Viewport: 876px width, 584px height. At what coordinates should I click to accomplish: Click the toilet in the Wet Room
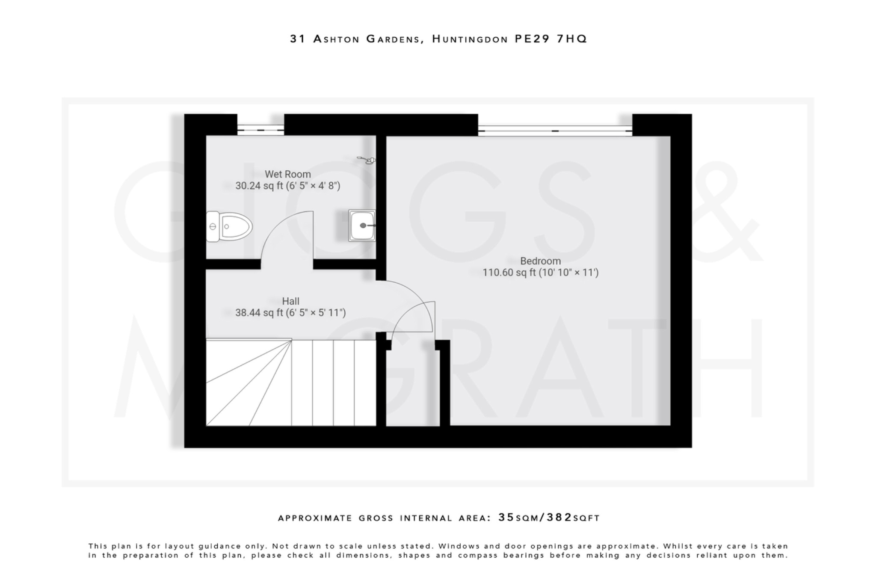(229, 226)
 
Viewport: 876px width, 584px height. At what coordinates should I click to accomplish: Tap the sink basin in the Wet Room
(362, 225)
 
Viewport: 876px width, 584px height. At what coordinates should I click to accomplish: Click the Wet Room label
(287, 174)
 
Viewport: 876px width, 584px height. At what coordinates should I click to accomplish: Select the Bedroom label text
(540, 261)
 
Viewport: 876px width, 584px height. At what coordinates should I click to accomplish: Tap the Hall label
(290, 301)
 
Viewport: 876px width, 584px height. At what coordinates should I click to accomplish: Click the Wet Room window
(260, 129)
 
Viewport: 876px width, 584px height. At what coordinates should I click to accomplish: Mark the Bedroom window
(555, 130)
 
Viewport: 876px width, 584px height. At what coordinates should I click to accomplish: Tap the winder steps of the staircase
(244, 383)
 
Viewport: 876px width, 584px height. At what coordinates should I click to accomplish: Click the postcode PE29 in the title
(532, 39)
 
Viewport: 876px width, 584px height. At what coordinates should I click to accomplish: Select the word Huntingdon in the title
(470, 39)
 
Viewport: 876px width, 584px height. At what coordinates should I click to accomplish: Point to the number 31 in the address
(298, 39)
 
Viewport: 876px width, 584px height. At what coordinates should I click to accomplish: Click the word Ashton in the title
(336, 39)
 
